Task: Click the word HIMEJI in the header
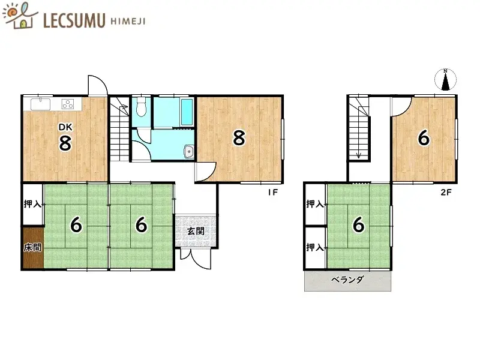[127, 20]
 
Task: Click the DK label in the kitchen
[64, 127]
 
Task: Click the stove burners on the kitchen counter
[67, 104]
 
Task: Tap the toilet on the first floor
[141, 108]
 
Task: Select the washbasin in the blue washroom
[188, 151]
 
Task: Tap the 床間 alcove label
[32, 247]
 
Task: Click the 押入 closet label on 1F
[32, 204]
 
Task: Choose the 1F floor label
[273, 193]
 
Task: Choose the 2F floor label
[445, 193]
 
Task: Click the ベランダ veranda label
[348, 280]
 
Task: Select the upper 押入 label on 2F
[315, 204]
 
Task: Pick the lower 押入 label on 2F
[315, 247]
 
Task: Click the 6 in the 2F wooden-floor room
[424, 139]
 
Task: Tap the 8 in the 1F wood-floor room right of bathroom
[239, 139]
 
